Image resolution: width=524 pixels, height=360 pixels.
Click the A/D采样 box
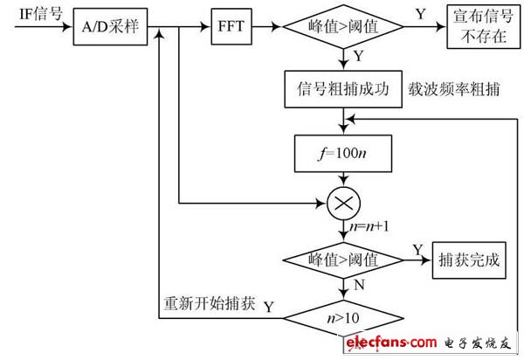[x=110, y=27]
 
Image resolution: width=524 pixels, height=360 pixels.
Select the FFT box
[x=231, y=26]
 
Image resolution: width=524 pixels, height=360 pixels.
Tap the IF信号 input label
[x=41, y=14]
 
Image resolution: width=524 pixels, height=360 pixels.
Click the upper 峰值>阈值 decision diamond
[x=343, y=27]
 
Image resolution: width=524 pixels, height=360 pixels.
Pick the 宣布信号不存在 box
[x=484, y=27]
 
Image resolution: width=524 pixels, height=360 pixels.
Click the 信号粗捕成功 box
[x=343, y=89]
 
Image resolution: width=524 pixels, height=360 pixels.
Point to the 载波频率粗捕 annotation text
[x=454, y=89]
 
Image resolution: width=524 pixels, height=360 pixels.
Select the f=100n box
[x=343, y=154]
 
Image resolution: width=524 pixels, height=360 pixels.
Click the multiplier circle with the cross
[x=343, y=204]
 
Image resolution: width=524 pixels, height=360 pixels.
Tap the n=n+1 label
[x=369, y=226]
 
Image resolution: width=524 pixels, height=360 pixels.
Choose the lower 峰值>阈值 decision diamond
[x=343, y=260]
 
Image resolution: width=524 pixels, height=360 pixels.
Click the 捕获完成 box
[x=469, y=260]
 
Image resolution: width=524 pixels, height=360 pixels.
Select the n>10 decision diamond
[x=343, y=318]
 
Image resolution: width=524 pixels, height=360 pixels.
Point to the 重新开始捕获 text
[x=210, y=303]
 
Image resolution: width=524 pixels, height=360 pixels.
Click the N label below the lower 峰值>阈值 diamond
[x=359, y=285]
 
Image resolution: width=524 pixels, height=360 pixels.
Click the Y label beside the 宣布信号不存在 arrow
[x=421, y=14]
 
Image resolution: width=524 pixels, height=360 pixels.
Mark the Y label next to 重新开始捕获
[x=269, y=307]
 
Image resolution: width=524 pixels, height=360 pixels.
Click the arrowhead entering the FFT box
[x=205, y=27]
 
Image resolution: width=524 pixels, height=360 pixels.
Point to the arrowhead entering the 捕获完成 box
[x=427, y=260]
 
